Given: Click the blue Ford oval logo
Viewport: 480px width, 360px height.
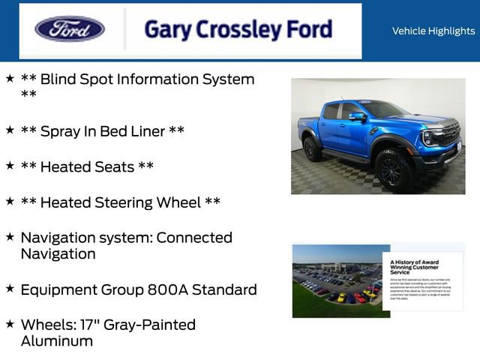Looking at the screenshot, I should pyautogui.click(x=69, y=29).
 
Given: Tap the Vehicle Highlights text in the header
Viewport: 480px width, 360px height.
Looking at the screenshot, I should pyautogui.click(x=433, y=31).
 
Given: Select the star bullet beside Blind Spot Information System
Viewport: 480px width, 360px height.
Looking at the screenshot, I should pyautogui.click(x=10, y=78).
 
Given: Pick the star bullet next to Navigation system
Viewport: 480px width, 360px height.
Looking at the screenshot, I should pyautogui.click(x=10, y=236).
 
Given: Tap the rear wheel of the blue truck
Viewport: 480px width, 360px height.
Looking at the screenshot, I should pyautogui.click(x=312, y=148).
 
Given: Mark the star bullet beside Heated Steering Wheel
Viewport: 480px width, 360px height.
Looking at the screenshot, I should pyautogui.click(x=10, y=201).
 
